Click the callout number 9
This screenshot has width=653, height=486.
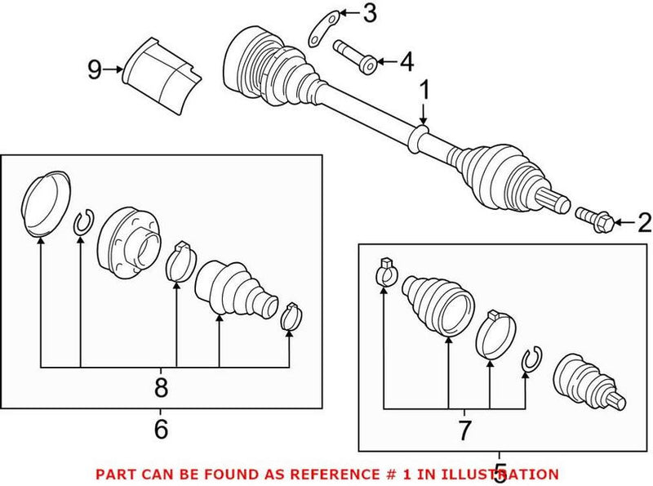(x=95, y=70)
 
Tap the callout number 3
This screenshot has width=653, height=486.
(x=370, y=13)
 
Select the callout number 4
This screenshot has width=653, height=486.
(x=406, y=60)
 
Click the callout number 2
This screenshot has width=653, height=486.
(x=644, y=221)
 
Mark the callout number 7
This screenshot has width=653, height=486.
(x=464, y=427)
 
